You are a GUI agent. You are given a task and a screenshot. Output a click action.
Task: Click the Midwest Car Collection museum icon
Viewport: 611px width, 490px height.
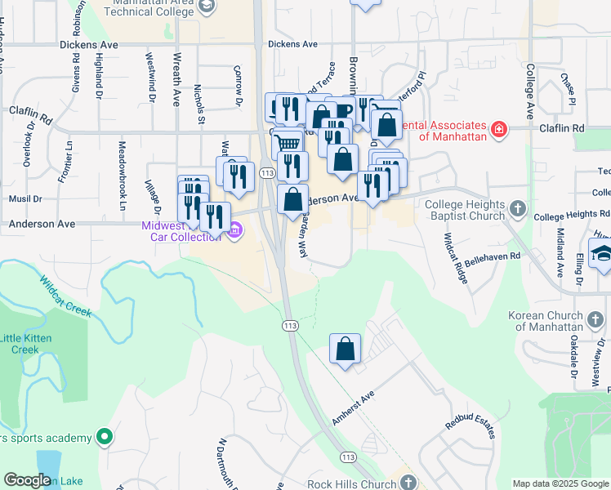[235, 230]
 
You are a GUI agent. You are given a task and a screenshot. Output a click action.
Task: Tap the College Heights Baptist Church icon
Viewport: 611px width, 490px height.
[517, 209]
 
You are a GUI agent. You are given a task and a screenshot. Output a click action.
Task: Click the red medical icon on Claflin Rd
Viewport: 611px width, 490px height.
[497, 129]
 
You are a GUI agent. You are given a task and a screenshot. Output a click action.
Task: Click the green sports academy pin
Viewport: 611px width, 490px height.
[104, 437]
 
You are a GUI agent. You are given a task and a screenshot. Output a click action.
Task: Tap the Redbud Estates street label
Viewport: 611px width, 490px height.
[470, 426]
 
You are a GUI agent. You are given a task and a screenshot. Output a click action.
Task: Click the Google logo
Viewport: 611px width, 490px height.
[27, 480]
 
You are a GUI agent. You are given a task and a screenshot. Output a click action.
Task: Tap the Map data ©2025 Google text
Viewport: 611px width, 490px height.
[560, 483]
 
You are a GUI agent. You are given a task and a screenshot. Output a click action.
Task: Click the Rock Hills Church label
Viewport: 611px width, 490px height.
[352, 483]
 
